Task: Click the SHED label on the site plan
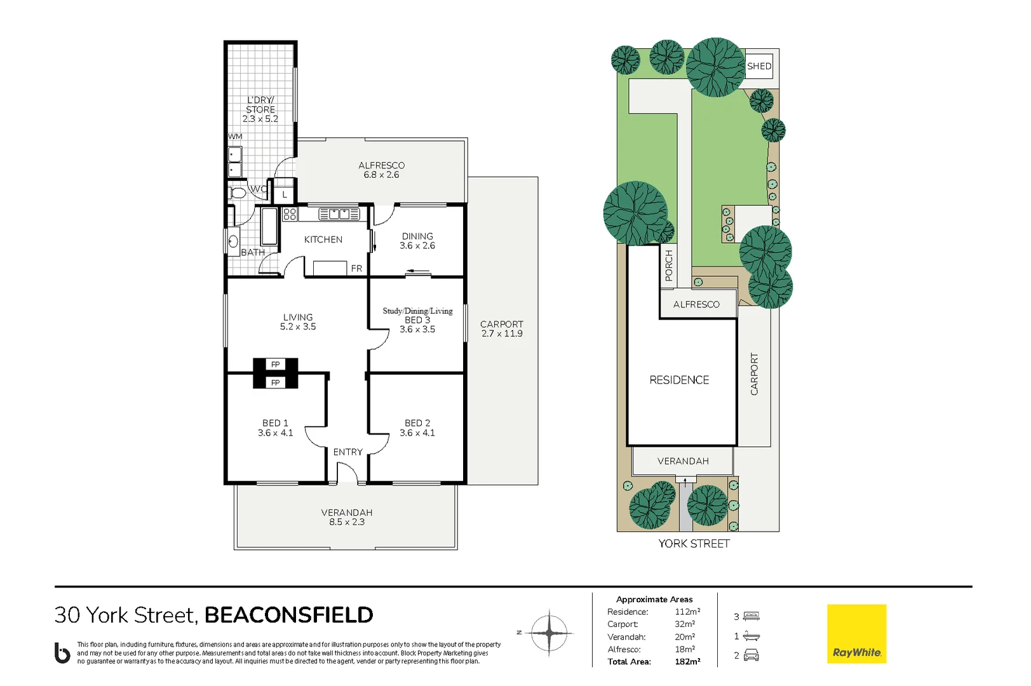[759, 66]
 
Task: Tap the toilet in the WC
[238, 193]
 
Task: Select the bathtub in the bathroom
[269, 226]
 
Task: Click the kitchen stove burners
[290, 214]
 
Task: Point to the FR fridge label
[356, 268]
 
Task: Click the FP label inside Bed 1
[275, 382]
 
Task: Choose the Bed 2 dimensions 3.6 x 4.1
[417, 433]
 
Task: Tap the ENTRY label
[348, 452]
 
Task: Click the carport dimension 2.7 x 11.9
[502, 333]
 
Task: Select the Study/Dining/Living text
[417, 311]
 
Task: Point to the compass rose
[549, 633]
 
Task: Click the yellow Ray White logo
[856, 633]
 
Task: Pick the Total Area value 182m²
[687, 662]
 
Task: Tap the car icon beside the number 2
[751, 655]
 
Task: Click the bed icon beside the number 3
[751, 616]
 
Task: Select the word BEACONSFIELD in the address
[288, 615]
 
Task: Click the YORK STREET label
[694, 544]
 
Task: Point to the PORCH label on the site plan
[669, 266]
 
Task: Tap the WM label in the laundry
[235, 137]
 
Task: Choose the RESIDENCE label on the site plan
[679, 380]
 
